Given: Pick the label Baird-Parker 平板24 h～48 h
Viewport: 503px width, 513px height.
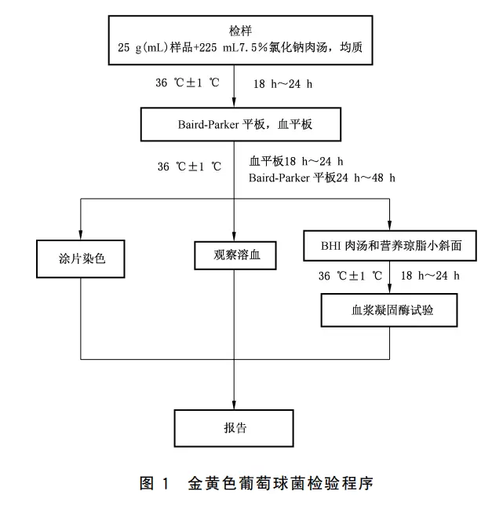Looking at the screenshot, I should tap(323, 178).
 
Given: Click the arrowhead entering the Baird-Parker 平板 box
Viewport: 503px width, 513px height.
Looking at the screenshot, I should tap(235, 104).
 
